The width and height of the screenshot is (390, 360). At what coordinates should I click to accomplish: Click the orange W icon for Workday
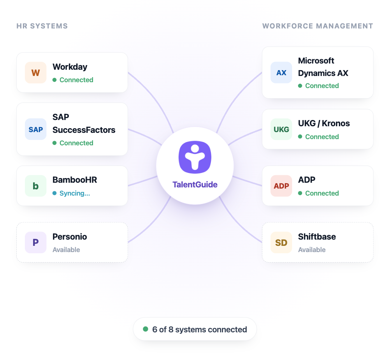(x=35, y=72)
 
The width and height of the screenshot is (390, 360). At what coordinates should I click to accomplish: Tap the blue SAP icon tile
(x=35, y=129)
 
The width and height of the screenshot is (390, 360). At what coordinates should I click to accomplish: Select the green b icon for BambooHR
(x=35, y=186)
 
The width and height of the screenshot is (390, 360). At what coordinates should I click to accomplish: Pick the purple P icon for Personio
(x=35, y=242)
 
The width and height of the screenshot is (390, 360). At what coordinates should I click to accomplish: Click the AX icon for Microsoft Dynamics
(x=281, y=72)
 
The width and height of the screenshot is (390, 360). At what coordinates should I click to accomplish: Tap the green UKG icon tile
(x=281, y=129)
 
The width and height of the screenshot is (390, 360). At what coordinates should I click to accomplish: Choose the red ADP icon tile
(x=281, y=186)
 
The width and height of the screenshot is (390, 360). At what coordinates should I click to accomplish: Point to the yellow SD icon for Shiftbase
(x=281, y=242)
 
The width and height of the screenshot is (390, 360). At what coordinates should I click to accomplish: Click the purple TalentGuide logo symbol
(x=195, y=157)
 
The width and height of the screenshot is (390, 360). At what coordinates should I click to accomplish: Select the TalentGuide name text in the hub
(x=195, y=185)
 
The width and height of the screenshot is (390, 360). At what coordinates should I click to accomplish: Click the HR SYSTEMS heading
(x=42, y=26)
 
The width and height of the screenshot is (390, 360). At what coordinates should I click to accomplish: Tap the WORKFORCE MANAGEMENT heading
(x=318, y=26)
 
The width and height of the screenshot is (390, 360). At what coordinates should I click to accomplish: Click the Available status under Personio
(x=66, y=250)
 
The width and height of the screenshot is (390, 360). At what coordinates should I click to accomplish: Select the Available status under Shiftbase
(x=312, y=250)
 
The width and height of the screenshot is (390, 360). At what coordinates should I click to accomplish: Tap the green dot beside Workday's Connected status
(x=54, y=80)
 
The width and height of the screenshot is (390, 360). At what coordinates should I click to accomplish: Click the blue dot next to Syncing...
(x=54, y=193)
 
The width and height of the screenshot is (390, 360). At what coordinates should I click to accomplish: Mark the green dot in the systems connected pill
(x=146, y=329)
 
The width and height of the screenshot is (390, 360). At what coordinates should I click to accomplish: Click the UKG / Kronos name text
(x=324, y=123)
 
